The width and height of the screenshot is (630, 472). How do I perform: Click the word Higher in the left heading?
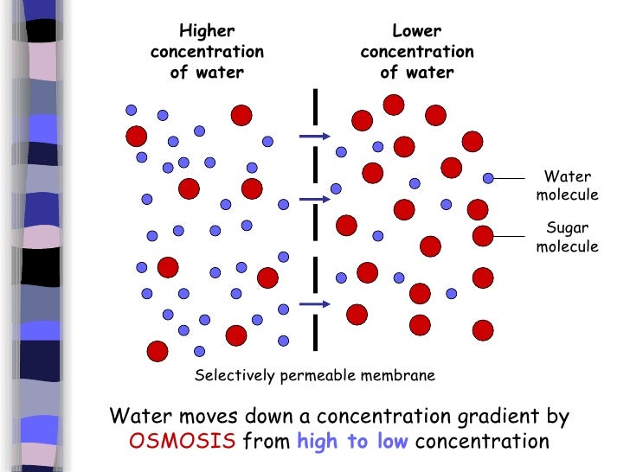207,31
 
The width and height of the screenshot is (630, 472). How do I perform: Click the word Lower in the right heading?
416,31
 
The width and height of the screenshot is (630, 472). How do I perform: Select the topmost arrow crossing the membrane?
313,136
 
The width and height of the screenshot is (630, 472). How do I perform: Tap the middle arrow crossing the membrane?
313,200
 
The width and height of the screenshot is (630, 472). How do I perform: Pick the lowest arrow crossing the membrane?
313,303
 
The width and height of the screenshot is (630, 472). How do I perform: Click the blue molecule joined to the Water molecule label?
488,178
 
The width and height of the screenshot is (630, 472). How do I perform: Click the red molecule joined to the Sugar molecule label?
483,234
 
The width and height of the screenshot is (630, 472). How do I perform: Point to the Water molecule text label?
567,186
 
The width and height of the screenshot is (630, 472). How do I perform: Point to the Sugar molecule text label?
567,238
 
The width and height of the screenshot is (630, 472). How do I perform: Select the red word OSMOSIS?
183,442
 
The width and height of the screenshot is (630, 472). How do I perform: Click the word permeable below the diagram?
312,376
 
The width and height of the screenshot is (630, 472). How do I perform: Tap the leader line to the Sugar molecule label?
511,234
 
